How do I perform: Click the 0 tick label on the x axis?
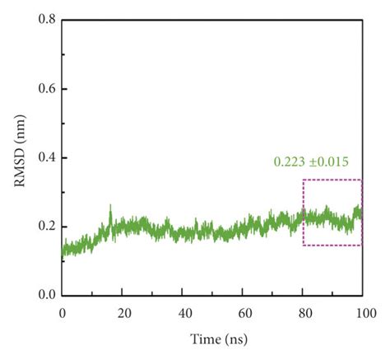tap(63, 313)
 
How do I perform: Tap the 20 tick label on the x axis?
tap(123, 313)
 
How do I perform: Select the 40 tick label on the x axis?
tap(183, 313)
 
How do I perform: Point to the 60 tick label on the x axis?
tap(244, 313)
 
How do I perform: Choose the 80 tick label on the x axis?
tap(304, 313)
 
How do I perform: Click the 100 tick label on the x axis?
tap(363, 313)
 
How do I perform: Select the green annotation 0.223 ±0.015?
tap(317, 162)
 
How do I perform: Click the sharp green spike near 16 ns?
tap(110, 207)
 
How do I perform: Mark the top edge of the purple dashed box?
tap(332, 180)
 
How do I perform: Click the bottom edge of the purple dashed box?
tap(332, 245)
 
